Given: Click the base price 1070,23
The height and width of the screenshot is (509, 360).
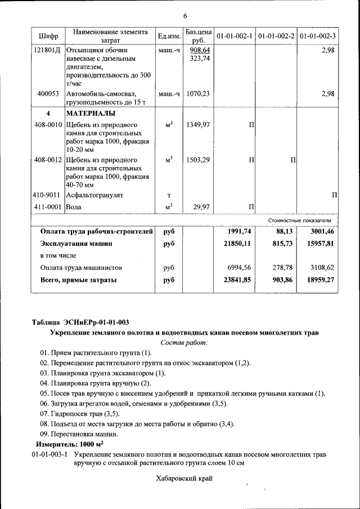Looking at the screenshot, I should (198, 94).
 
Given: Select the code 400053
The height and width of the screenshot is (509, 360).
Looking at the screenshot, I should (48, 94).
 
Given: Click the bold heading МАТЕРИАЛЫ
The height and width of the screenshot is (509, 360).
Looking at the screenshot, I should (91, 113).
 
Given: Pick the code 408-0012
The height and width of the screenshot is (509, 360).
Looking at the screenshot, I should (48, 160).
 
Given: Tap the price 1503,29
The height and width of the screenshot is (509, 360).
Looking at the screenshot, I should (198, 160).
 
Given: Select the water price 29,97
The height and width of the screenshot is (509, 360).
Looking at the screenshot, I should (201, 207).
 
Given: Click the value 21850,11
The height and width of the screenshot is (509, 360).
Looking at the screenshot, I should (238, 244).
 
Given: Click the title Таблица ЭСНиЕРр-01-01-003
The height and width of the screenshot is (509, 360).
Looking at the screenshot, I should (80, 322).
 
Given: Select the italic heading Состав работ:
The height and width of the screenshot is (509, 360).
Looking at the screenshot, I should (184, 343).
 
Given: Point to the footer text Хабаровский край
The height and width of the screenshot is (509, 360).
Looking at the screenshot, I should (184, 479).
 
